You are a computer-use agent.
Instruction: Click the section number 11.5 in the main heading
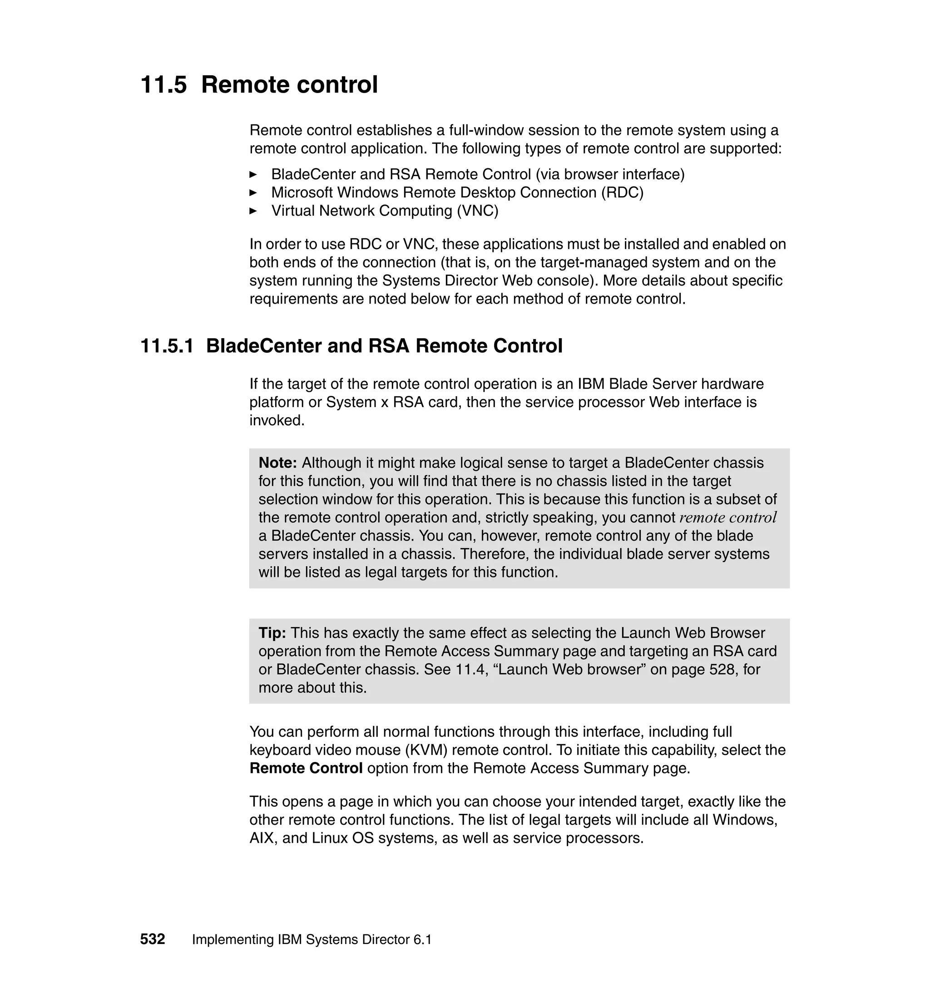click(163, 85)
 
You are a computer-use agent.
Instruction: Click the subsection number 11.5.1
click(167, 346)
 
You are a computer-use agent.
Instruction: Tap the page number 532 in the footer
click(152, 940)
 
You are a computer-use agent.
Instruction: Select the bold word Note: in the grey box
click(277, 463)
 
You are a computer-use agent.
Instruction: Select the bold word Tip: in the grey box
click(272, 633)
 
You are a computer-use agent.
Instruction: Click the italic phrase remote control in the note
click(728, 518)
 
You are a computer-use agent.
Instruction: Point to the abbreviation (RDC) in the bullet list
click(622, 193)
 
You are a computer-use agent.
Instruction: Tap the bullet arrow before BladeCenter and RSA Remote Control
click(253, 175)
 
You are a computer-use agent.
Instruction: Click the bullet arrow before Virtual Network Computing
click(253, 211)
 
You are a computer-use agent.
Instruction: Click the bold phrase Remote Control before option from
click(306, 768)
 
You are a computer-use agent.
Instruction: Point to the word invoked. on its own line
click(277, 421)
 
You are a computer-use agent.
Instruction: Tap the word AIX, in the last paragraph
click(263, 838)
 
